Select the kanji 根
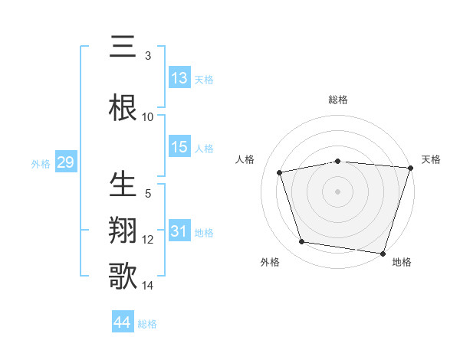coord(123,108)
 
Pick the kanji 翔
coord(123,231)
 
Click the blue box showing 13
coord(179,78)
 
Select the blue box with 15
coord(179,147)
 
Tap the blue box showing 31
coord(179,231)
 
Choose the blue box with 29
coord(65,162)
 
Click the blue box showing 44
coord(123,322)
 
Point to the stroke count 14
coord(148,286)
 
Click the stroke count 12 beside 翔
coord(148,240)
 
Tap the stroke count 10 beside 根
coord(148,116)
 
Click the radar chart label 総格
coord(338,100)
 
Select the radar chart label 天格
coord(431,159)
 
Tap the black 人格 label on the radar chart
coord(245,159)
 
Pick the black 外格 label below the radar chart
coord(270,262)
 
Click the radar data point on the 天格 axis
coord(410,168)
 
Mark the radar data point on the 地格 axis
coord(383,253)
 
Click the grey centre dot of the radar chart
coord(338,191)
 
